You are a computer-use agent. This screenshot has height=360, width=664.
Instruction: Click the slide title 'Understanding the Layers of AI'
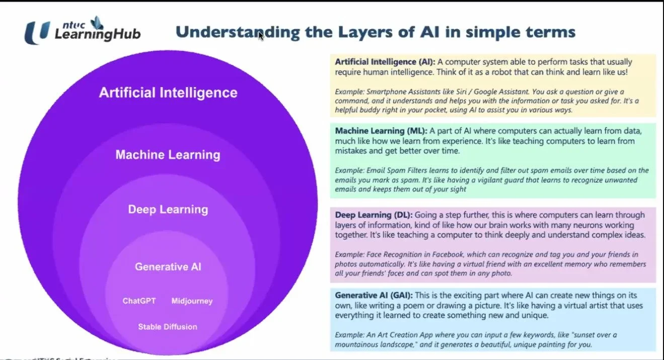click(375, 32)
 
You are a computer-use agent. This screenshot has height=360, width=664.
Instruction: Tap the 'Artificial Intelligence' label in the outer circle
click(168, 93)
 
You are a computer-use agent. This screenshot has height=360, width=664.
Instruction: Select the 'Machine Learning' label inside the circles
click(168, 155)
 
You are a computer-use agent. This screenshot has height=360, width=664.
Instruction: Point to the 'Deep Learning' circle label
click(168, 209)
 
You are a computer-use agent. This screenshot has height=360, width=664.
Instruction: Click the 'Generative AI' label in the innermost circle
click(168, 267)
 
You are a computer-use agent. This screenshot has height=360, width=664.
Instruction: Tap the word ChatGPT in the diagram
click(139, 301)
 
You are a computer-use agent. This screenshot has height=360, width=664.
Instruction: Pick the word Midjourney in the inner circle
click(192, 301)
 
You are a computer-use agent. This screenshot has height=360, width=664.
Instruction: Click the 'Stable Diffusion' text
click(168, 327)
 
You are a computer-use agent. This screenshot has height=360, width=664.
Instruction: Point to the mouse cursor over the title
click(260, 35)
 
